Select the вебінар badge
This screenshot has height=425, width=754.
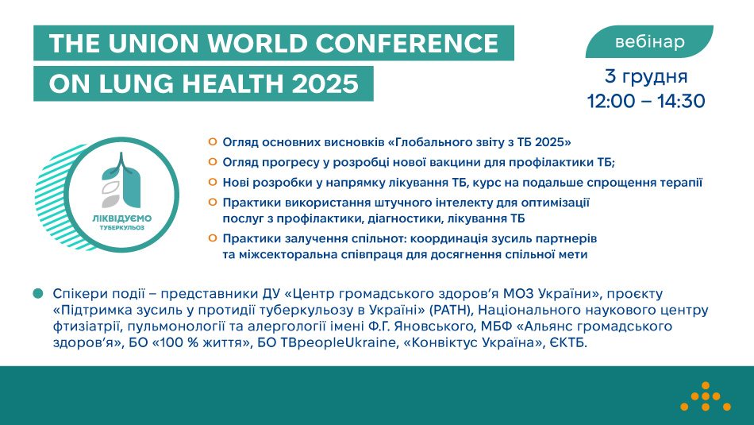point(649,42)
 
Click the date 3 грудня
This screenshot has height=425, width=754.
point(646,77)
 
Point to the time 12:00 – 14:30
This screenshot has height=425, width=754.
point(646,102)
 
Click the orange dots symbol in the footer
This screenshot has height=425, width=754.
point(705,396)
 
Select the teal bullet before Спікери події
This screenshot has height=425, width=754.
point(37,293)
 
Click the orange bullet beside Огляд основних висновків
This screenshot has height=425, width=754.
point(212,141)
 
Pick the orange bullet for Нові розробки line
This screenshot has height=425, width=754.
point(212,182)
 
